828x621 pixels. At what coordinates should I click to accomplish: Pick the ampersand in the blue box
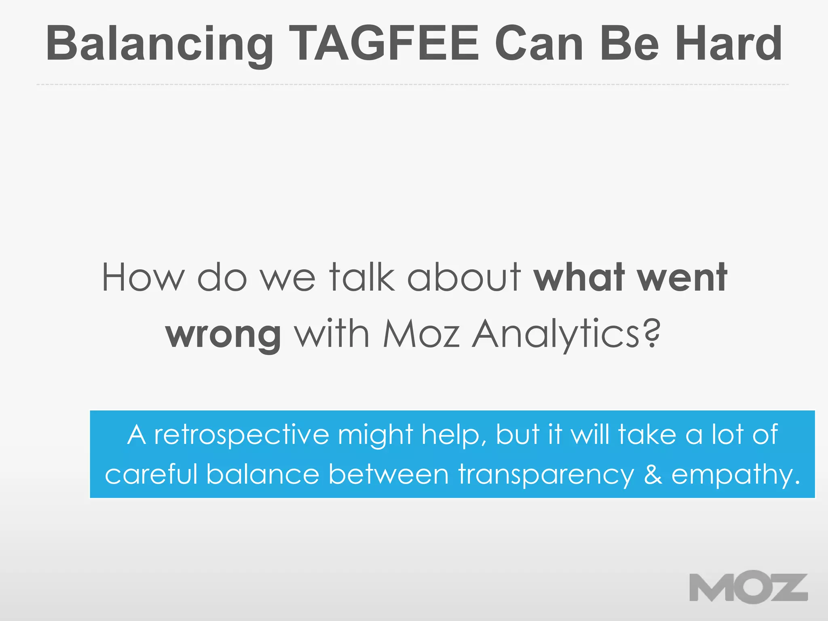[653, 474]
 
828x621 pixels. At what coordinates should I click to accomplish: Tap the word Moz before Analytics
[421, 334]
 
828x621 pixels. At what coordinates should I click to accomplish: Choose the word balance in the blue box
[263, 474]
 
